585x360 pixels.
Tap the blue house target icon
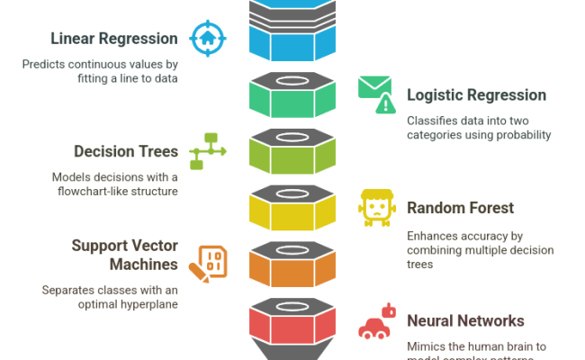(x=209, y=39)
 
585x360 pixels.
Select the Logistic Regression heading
(x=476, y=95)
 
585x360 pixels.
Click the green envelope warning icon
(x=376, y=94)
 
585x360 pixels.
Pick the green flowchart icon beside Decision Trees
(x=208, y=151)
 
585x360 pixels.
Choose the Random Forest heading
(x=460, y=208)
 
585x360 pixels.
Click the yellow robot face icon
(x=376, y=208)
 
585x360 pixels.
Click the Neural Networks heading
(x=465, y=321)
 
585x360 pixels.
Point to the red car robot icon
(x=377, y=321)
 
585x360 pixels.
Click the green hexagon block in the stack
(x=292, y=95)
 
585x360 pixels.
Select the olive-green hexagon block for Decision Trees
(x=292, y=151)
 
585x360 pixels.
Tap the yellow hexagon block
(x=292, y=208)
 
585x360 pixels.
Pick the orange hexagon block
(x=292, y=265)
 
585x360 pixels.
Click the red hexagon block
(x=292, y=321)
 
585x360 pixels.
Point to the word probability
(x=517, y=135)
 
